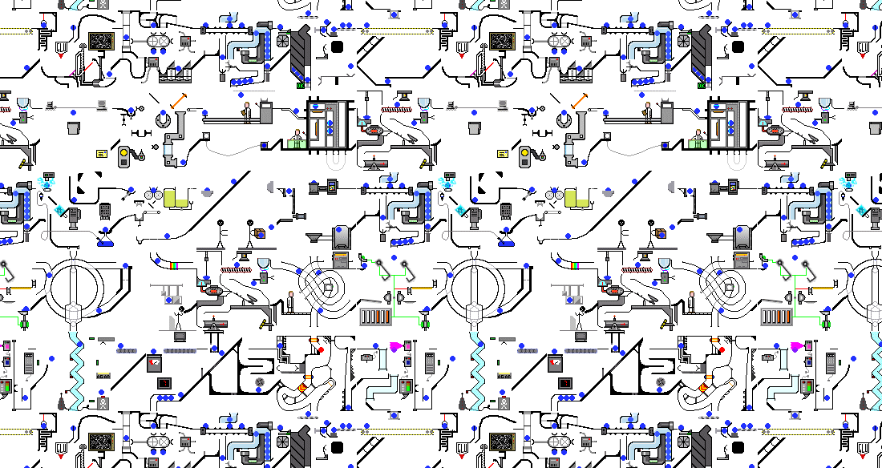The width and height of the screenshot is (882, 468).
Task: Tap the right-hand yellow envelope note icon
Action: [503, 152]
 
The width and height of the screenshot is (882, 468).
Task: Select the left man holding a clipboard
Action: [247, 111]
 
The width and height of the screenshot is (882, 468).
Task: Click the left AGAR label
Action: [103, 374]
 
